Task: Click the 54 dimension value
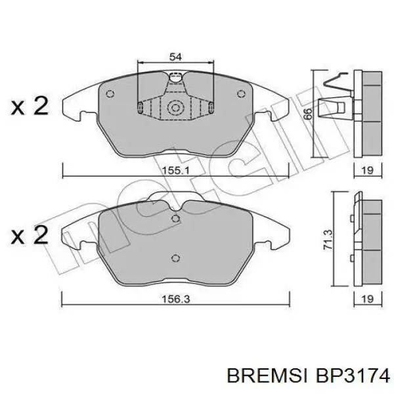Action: coord(175,56)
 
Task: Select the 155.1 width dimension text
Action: coord(175,171)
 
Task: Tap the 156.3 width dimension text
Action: coord(175,299)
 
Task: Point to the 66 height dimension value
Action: coord(307,114)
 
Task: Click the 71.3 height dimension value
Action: coord(328,240)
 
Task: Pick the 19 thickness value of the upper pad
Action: coord(367,170)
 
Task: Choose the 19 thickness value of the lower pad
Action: coord(367,299)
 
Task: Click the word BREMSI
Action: coord(267,376)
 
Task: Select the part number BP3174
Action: coord(353,376)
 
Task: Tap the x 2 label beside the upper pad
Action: coord(30,106)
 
